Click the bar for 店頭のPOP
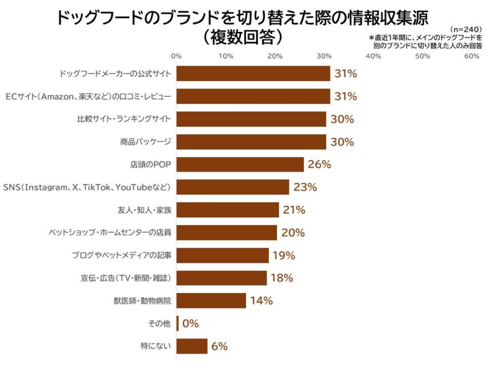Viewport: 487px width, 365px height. (240, 165)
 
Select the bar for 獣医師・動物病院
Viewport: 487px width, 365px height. (211, 301)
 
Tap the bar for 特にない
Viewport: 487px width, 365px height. (192, 346)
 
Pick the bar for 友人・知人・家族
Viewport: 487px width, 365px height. (227, 210)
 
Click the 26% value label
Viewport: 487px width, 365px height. (319, 165)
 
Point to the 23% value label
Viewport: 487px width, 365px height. (305, 187)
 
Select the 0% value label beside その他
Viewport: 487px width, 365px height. (191, 323)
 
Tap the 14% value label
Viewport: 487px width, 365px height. (261, 301)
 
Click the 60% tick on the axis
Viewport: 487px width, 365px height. (472, 56)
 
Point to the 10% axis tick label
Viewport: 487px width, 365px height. (226, 56)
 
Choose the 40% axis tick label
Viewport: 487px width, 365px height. (373, 56)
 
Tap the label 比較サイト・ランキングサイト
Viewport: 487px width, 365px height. (124, 119)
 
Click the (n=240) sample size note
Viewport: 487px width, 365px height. (466, 29)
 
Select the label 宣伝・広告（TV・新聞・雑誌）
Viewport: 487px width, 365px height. (126, 278)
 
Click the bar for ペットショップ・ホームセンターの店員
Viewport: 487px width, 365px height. (226, 233)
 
